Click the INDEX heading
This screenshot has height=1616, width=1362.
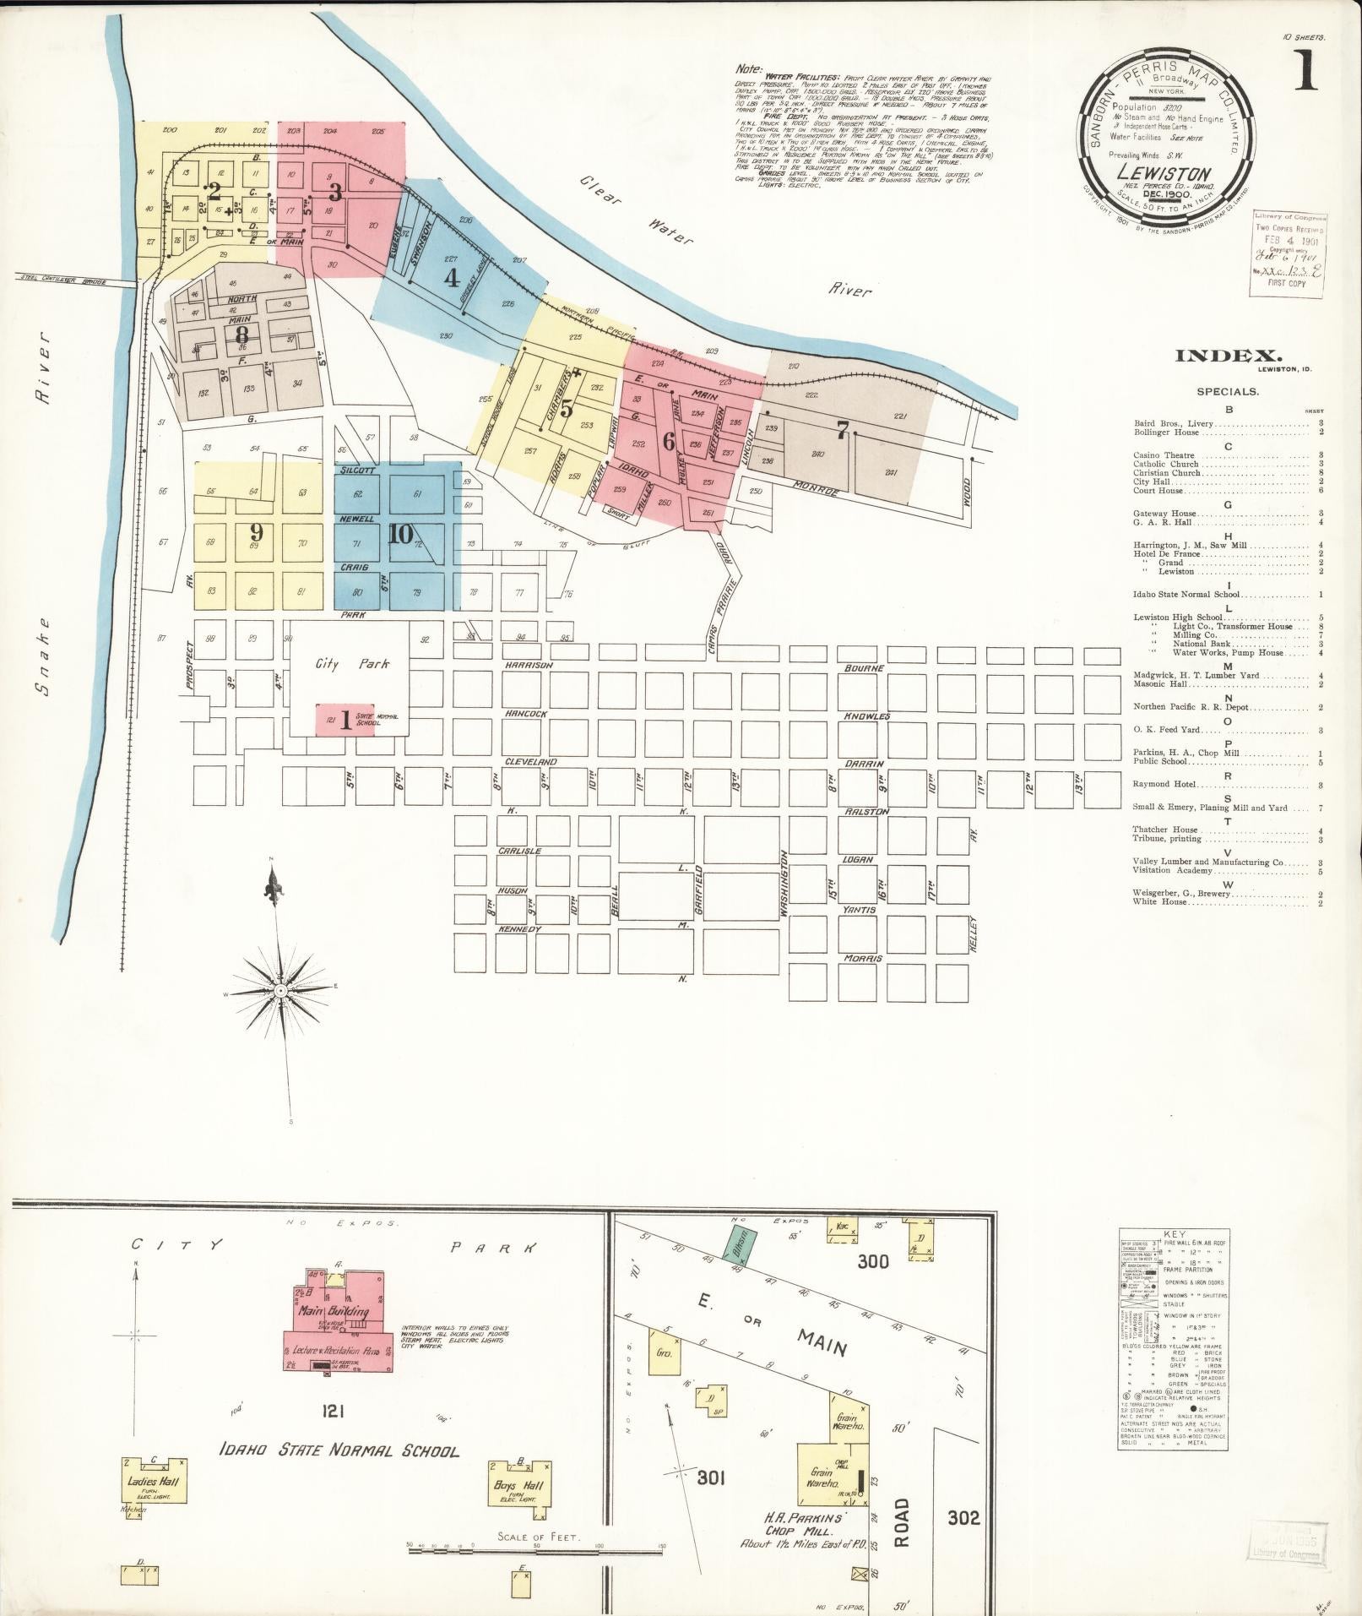pyautogui.click(x=1229, y=356)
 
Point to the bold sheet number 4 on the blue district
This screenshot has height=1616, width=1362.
pyautogui.click(x=452, y=277)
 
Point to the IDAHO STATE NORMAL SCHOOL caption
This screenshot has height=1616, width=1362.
pyautogui.click(x=339, y=1451)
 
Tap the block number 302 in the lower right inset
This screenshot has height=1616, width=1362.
pyautogui.click(x=963, y=1518)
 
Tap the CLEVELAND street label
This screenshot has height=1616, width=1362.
pyautogui.click(x=530, y=761)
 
